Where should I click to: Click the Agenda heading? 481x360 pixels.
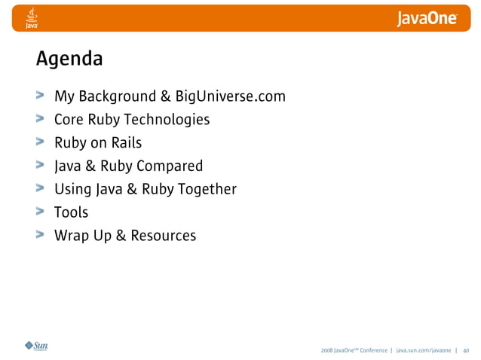coord(69,59)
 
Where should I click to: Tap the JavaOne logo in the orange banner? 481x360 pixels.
coord(427,18)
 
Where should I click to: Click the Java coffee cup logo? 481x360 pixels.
coord(32,17)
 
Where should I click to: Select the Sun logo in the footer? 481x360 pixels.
coord(35,346)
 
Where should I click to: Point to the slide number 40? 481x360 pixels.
coord(466,350)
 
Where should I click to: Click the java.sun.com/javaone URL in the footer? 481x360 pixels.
coord(424,350)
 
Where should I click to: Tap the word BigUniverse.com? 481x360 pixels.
coord(231,96)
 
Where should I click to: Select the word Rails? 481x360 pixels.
coord(126,143)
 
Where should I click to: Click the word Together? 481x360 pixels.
coord(207,189)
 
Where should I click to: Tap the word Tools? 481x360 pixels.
coord(71,212)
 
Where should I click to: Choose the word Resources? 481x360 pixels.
coord(163,236)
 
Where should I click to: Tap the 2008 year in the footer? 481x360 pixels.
coord(326,350)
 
